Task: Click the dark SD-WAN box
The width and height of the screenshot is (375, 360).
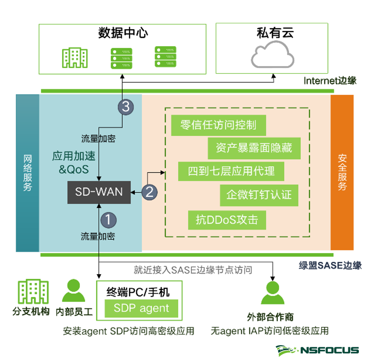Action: point(99,192)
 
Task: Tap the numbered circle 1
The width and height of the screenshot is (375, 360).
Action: point(109,220)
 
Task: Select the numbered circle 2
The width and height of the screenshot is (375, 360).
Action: point(149,192)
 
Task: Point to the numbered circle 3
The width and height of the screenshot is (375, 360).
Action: point(126,107)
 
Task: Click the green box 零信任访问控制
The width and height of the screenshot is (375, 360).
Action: point(218,125)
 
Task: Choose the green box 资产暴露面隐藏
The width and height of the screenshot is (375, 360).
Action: point(254,148)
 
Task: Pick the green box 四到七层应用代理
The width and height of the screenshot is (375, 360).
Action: point(231,171)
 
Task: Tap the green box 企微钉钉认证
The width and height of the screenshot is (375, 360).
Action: point(259,195)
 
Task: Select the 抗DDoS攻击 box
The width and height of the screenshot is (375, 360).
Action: point(227,220)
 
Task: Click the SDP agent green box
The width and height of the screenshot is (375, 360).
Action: point(141,309)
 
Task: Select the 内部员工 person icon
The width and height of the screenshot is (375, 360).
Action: point(73,291)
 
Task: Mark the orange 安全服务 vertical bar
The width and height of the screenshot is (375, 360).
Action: point(342,172)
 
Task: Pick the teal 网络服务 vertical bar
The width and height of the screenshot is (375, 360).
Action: point(28,172)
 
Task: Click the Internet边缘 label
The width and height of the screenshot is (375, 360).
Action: point(330,81)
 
